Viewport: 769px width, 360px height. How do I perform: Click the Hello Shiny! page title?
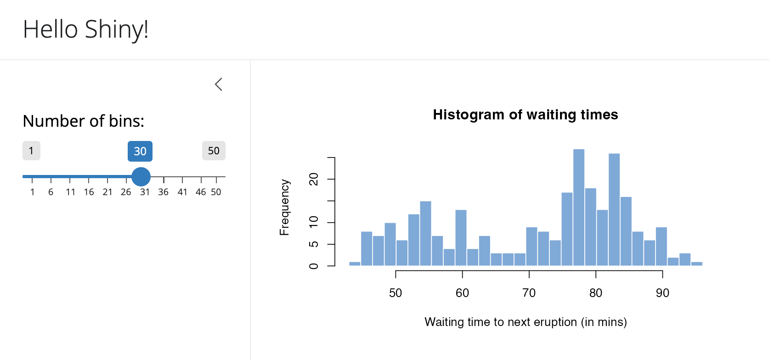86,30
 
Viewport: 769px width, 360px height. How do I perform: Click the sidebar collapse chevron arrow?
219,84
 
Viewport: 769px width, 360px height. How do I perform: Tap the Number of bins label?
84,121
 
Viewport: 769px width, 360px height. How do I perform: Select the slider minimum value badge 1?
31,151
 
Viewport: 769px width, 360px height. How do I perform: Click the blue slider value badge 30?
140,152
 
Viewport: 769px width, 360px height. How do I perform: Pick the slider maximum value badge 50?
214,151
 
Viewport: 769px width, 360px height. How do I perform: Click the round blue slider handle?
141,177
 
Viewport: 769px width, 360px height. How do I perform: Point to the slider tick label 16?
89,192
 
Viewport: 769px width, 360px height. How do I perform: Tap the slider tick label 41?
182,192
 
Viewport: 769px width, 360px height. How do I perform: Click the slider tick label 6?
51,192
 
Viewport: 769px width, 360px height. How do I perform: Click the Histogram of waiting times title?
526,115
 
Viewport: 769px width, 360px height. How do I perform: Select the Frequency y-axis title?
285,208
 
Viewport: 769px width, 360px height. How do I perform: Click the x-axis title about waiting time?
526,322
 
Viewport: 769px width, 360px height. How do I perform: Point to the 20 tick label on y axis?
314,179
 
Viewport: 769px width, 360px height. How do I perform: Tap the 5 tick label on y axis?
314,244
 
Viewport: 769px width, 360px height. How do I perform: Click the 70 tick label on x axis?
529,293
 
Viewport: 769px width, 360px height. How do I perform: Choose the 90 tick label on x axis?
662,293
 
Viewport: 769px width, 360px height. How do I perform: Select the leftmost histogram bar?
355,264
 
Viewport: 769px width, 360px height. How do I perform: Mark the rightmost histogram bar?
697,264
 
